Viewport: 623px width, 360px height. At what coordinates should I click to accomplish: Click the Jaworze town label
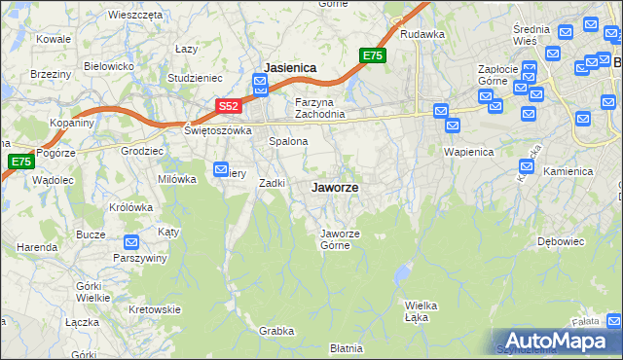(333, 187)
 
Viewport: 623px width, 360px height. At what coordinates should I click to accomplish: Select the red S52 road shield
(227, 105)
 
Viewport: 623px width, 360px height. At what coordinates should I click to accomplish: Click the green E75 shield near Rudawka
(373, 55)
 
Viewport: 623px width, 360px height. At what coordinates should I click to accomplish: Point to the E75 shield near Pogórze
(19, 162)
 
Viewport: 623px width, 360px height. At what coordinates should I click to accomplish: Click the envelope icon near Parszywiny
(132, 242)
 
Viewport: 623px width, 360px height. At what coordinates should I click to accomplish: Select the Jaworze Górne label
(342, 238)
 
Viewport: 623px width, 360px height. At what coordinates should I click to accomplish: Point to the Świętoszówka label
(218, 129)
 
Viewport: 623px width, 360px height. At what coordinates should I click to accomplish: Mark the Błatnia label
(346, 347)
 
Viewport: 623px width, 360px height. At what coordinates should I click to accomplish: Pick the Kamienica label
(568, 171)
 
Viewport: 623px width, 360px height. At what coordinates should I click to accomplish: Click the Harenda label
(36, 247)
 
